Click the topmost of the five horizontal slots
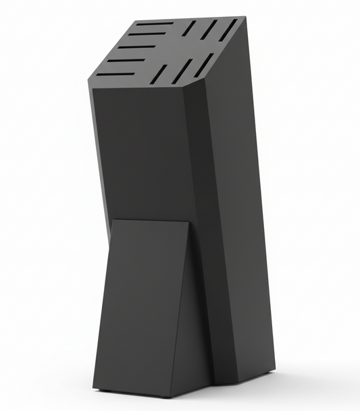tap(154, 24)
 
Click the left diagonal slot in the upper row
tap(188, 28)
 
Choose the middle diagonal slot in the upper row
tap(209, 28)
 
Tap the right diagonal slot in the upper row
tap(229, 28)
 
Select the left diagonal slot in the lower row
tap(159, 74)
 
